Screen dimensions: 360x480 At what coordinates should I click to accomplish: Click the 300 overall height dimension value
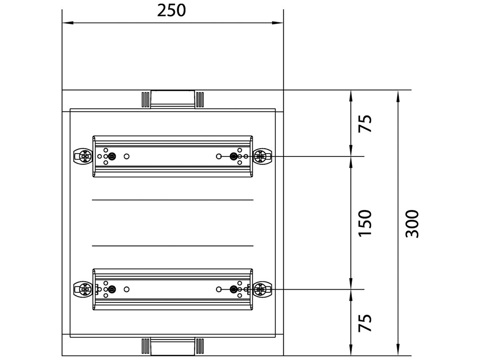pyautogui.click(x=412, y=224)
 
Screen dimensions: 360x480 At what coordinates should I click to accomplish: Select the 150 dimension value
pyautogui.click(x=365, y=223)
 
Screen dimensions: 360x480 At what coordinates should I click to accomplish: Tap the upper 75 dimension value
pyautogui.click(x=365, y=124)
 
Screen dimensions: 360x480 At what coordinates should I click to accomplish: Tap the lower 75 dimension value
pyautogui.click(x=365, y=322)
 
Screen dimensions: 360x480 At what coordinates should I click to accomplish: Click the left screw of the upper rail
pyautogui.click(x=84, y=156)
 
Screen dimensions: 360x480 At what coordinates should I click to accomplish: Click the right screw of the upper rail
pyautogui.click(x=261, y=156)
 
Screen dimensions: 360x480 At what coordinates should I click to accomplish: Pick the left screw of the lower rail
pyautogui.click(x=84, y=289)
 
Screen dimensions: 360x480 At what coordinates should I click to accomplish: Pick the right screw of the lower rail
pyautogui.click(x=261, y=289)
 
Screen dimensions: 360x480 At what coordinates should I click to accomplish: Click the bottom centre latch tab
pyautogui.click(x=172, y=346)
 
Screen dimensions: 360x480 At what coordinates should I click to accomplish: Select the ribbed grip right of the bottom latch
pyautogui.click(x=200, y=346)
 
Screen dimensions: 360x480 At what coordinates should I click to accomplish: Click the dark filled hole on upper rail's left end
pyautogui.click(x=112, y=156)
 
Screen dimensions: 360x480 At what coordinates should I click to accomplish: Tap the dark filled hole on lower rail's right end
pyautogui.click(x=233, y=289)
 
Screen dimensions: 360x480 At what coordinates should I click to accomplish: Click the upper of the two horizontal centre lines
pyautogui.click(x=172, y=199)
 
